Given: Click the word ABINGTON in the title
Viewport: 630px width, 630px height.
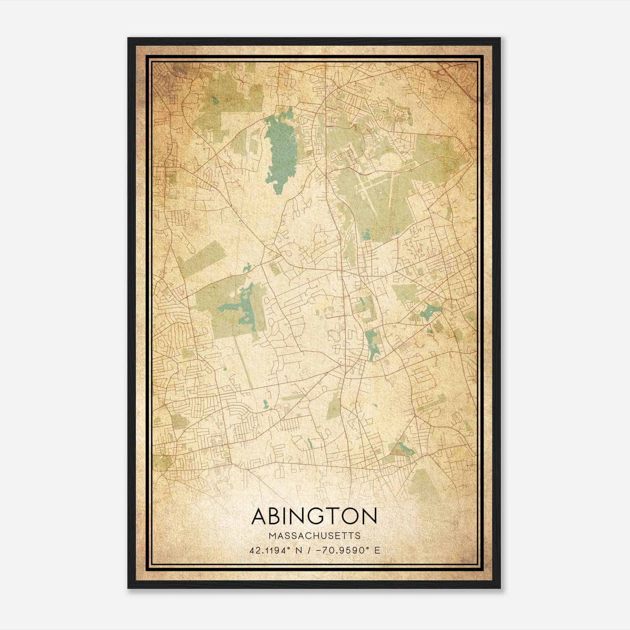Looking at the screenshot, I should point(314,516).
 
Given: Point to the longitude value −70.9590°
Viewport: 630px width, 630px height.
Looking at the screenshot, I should point(342,550).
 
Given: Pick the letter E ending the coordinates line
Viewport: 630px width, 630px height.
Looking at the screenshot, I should point(377,550).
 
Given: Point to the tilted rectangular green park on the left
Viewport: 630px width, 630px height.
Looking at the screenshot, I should point(201,258).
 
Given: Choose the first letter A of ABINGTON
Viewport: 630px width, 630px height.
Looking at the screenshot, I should point(260,516).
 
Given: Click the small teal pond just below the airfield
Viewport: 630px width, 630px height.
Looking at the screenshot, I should point(366,235).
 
